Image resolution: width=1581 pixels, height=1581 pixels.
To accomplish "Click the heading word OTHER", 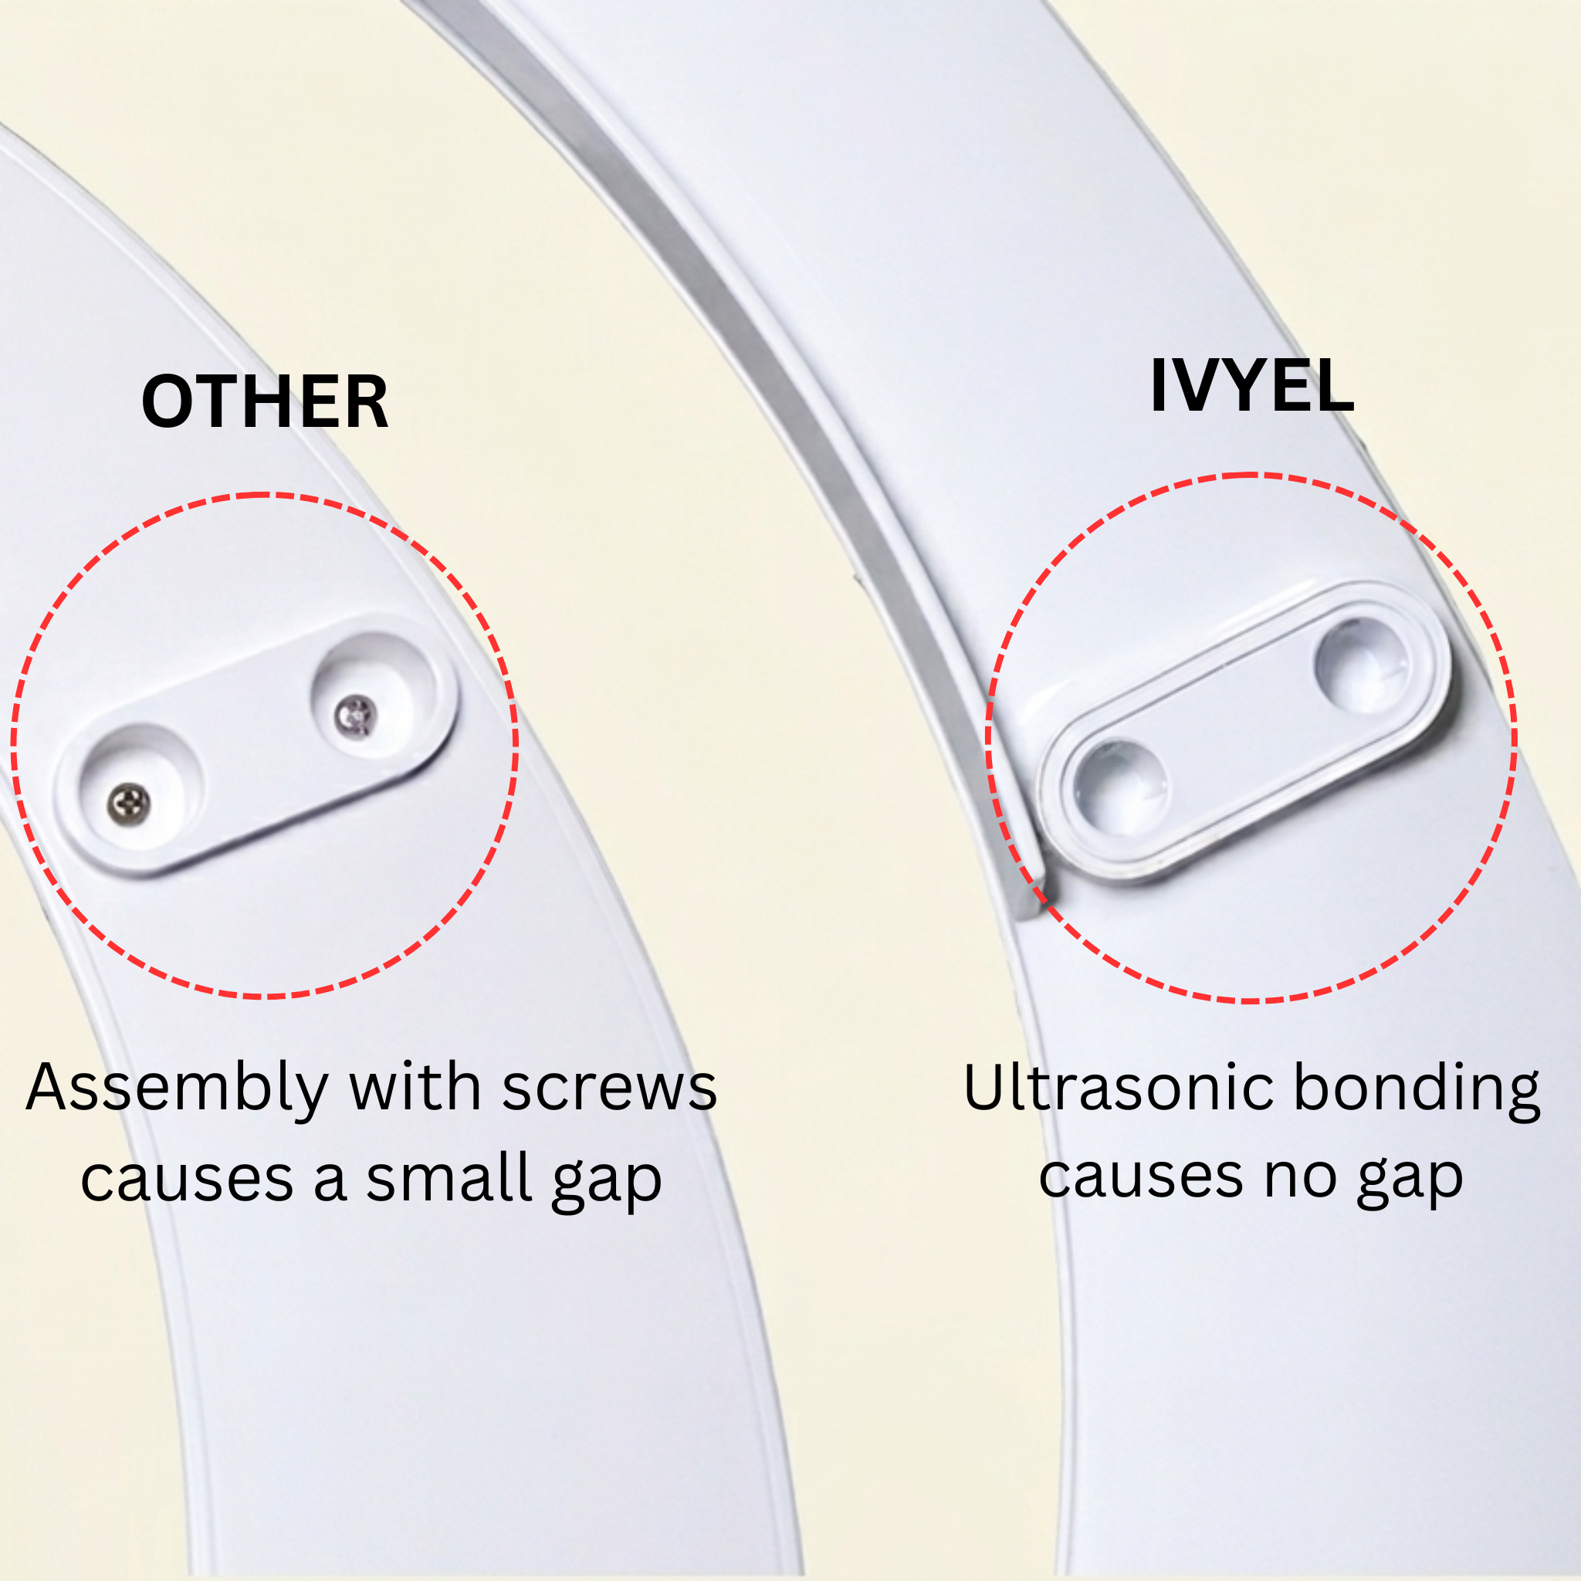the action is coord(264,401).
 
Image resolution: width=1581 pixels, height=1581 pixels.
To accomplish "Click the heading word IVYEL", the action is coord(1252,385).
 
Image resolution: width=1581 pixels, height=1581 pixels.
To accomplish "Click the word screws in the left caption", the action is coord(610,1088).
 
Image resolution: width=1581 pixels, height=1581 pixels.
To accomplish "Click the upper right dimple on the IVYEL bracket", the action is coord(1362,665).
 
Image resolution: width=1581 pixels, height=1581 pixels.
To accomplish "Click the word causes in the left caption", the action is coord(188,1181).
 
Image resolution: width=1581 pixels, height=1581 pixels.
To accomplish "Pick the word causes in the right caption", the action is coord(1143,1178).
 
